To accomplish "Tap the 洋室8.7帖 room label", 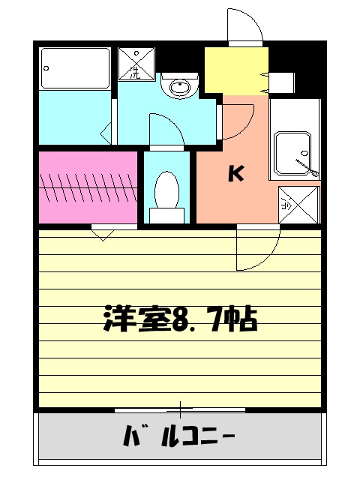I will pyautogui.click(x=180, y=320).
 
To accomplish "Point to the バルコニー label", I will pyautogui.click(x=178, y=434).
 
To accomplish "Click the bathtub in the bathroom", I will pyautogui.click(x=74, y=68).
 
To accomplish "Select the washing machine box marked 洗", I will pyautogui.click(x=137, y=63).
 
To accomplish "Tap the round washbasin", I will pyautogui.click(x=180, y=88).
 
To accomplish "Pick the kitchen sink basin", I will pyautogui.click(x=293, y=153).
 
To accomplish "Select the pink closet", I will pyautogui.click(x=88, y=187).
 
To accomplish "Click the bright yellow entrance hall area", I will pyautogui.click(x=235, y=69).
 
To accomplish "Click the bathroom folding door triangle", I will pyautogui.click(x=106, y=134).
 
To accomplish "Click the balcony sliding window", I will pyautogui.click(x=180, y=409).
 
